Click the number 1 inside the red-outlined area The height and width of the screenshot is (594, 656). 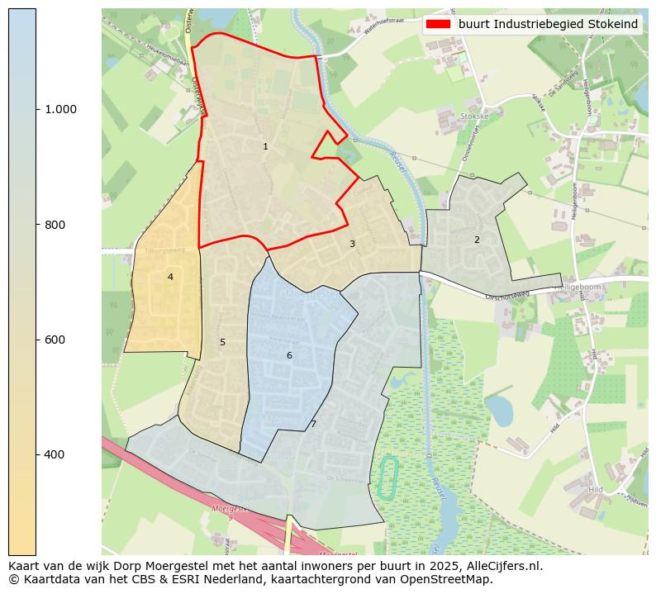[x=265, y=146]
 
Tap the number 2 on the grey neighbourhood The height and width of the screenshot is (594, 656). [x=477, y=240]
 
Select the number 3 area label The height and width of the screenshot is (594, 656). [x=352, y=244]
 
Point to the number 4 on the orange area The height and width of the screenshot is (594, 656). [x=170, y=277]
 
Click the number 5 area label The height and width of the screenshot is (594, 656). [x=222, y=342]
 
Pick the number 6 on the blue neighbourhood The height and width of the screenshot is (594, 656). [x=289, y=355]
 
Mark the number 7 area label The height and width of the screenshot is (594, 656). [x=313, y=424]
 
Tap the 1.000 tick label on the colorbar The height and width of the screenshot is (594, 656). [x=60, y=109]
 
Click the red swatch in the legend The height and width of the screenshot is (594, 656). [x=438, y=24]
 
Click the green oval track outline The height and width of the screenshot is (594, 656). [x=387, y=477]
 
